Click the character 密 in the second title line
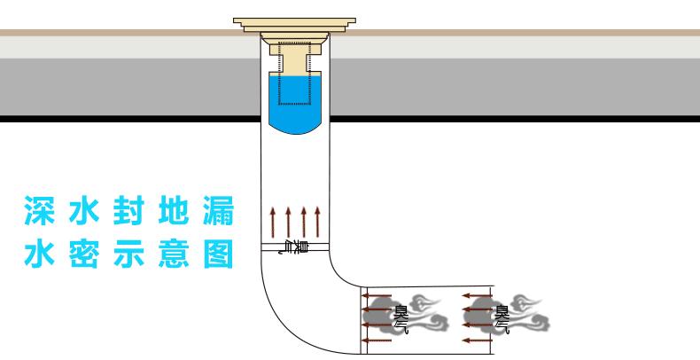tap(84, 254)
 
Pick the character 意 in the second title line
tap(173, 254)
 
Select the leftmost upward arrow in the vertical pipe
tap(274, 222)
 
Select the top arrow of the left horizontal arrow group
tap(378, 296)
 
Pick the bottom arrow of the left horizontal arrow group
tap(378, 340)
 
